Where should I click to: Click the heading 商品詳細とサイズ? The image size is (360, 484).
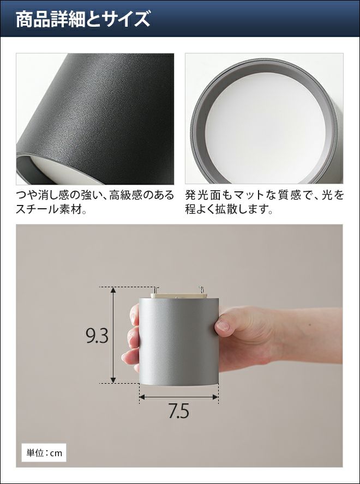coord(83,20)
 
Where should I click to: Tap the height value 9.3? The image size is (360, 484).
coord(97,336)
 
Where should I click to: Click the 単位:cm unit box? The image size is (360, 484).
coord(44,453)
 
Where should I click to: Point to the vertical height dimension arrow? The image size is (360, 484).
coord(113,335)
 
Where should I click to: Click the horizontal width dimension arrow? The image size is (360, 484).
coord(178,397)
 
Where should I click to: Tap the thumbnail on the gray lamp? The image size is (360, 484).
coord(223,325)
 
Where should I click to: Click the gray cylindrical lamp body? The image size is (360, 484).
coord(179,341)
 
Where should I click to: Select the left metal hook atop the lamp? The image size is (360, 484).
coord(157,290)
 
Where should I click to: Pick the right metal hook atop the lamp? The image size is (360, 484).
coord(202,290)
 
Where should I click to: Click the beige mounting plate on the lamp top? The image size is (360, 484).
coord(178,296)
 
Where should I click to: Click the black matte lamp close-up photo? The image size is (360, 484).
coord(95,119)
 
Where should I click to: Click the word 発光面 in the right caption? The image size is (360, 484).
coord(203,195)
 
